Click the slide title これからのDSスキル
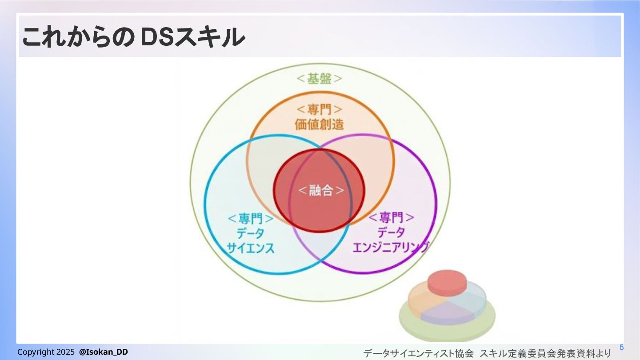point(133,37)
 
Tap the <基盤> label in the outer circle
point(320,79)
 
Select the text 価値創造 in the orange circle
point(320,124)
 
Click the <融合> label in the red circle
point(320,191)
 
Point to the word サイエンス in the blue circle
point(251,248)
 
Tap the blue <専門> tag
point(251,219)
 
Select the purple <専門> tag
point(392,217)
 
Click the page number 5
point(622,348)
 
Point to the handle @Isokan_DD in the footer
point(104,352)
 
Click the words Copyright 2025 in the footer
point(46,352)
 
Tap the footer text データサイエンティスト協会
point(418,354)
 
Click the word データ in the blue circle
point(251,233)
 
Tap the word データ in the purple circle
point(392,232)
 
